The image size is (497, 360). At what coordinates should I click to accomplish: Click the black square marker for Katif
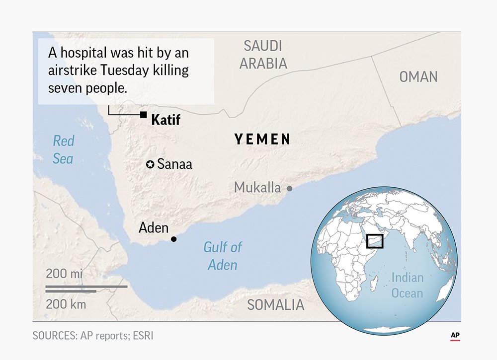(143, 115)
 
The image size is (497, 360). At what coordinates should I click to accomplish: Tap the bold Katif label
(166, 120)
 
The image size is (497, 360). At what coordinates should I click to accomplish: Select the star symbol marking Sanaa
(150, 164)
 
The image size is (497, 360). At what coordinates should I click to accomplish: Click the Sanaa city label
(174, 164)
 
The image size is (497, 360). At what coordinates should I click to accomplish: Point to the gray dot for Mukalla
(289, 189)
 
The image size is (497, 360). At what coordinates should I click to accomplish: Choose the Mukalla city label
(257, 188)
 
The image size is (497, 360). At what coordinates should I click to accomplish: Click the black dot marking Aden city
(173, 239)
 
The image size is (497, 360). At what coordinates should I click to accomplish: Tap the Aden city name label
(154, 228)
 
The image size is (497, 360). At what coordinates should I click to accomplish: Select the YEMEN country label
(262, 140)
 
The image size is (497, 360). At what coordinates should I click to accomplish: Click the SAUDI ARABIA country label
(263, 55)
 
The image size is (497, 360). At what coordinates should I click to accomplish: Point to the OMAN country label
(418, 77)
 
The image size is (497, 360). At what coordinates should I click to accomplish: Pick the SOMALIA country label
(275, 305)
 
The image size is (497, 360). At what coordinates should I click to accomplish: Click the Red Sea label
(63, 149)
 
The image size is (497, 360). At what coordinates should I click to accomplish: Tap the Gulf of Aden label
(223, 256)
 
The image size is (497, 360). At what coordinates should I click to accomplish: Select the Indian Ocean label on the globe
(407, 286)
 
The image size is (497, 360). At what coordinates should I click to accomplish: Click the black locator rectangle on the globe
(375, 240)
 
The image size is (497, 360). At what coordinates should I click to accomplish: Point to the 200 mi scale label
(64, 274)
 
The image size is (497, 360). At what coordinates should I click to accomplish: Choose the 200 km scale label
(66, 304)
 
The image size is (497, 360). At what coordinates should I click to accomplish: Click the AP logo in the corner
(455, 336)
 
